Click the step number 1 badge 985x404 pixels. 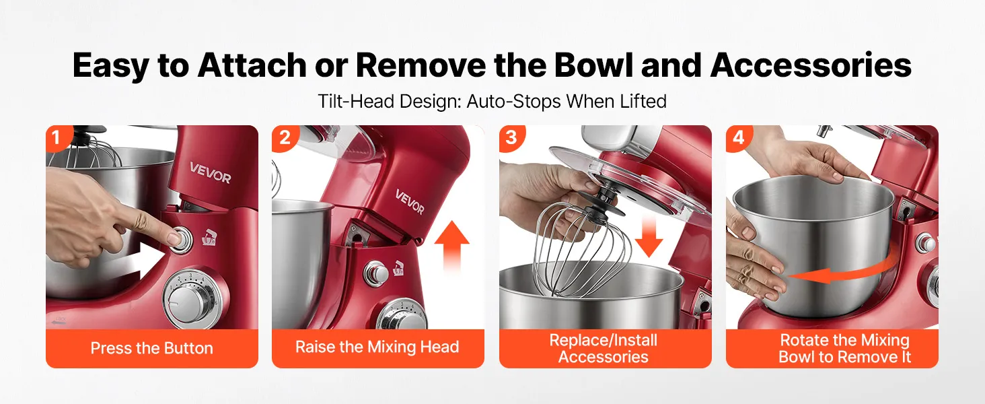[x=57, y=137]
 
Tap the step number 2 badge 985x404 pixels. [x=285, y=137]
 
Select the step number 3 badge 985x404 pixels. [x=511, y=137]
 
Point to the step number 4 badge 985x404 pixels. [x=738, y=137]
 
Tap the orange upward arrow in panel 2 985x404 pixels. [x=452, y=246]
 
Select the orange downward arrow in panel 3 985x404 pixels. [x=649, y=236]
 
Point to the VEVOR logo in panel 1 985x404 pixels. [x=210, y=172]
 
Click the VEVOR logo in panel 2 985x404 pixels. [x=409, y=201]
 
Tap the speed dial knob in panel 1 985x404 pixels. [x=191, y=298]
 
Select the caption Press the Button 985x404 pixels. [x=151, y=348]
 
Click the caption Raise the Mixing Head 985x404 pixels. [x=377, y=347]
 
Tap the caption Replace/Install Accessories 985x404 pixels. [x=604, y=348]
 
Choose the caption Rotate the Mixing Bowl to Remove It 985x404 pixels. [x=845, y=348]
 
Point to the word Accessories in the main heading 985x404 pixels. [x=811, y=65]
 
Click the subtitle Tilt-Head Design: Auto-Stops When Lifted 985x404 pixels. [x=492, y=101]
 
